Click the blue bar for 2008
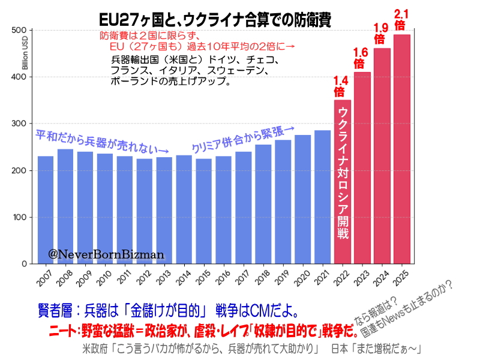[65, 206]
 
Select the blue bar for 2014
[184, 209]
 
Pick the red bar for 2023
[362, 167]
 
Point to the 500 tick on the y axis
[20, 31]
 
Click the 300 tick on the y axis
[20, 124]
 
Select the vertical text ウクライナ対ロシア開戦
[343, 174]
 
